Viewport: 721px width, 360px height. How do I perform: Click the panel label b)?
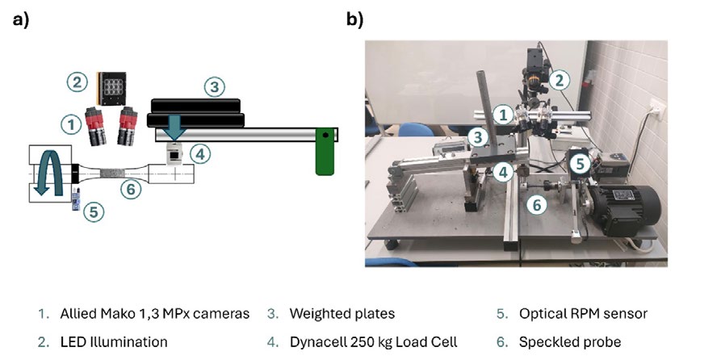pyautogui.click(x=355, y=19)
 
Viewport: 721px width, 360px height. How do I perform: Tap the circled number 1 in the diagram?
pyautogui.click(x=71, y=124)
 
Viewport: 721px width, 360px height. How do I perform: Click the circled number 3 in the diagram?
pyautogui.click(x=212, y=86)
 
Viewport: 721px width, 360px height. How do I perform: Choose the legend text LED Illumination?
pyautogui.click(x=114, y=341)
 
